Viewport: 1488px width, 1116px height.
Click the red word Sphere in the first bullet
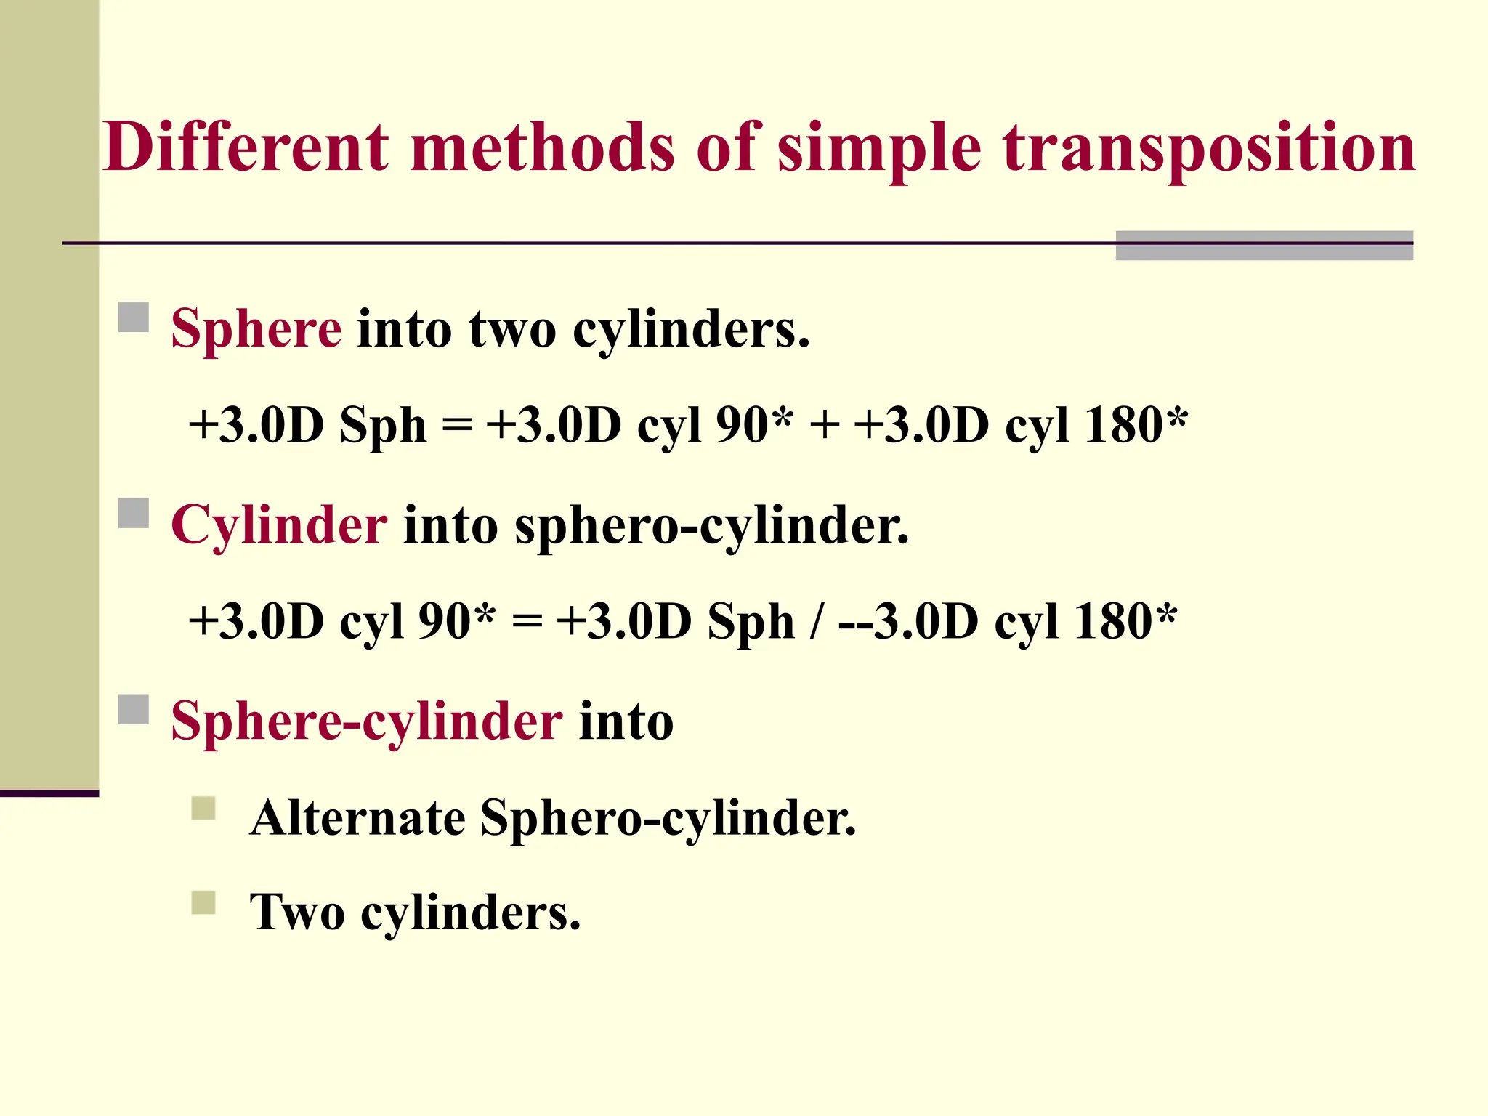click(256, 329)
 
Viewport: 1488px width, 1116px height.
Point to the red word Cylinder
click(279, 525)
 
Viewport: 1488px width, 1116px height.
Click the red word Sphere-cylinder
click(367, 721)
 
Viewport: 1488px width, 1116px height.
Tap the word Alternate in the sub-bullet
click(357, 818)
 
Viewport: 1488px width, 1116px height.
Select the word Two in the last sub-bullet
click(297, 913)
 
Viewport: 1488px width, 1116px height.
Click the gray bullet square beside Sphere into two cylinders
click(134, 318)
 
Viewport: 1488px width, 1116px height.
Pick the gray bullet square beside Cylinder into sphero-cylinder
click(134, 514)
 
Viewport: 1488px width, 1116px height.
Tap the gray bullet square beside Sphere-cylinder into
click(134, 710)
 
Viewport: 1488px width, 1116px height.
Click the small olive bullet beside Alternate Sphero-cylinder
click(203, 809)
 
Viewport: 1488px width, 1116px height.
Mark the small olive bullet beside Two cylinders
click(203, 903)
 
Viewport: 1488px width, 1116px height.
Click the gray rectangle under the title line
click(1264, 246)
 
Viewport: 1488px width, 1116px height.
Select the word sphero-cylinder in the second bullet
click(711, 525)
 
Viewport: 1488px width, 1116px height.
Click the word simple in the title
click(879, 149)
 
